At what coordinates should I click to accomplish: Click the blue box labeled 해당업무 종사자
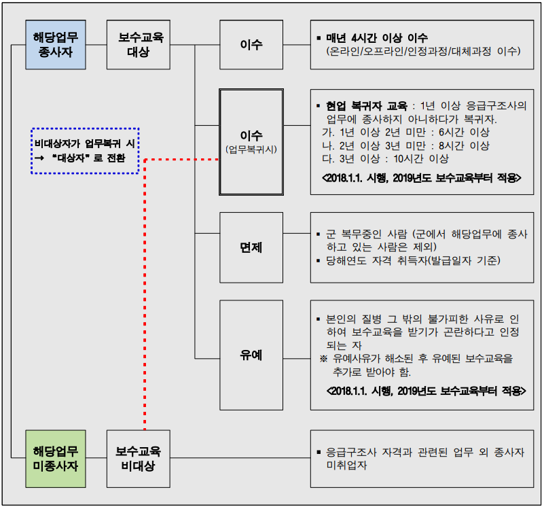pos(56,44)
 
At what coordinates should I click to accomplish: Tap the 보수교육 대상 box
pos(139,44)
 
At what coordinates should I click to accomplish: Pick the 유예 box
pos(251,355)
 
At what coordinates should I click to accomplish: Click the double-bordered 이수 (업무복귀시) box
pos(251,141)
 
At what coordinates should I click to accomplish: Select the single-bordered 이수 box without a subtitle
pos(251,44)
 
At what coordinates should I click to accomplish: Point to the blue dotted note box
pos(85,150)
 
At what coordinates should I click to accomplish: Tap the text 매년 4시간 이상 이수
pos(377,37)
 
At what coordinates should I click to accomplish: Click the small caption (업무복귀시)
pos(251,147)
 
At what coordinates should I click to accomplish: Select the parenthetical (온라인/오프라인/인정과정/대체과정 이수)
pos(422,51)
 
